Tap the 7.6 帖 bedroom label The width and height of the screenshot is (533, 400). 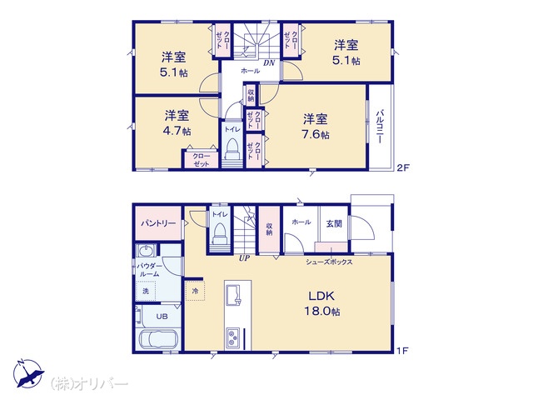click(x=316, y=127)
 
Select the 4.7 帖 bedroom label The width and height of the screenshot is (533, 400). click(x=177, y=122)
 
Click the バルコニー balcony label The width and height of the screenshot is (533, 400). click(x=380, y=126)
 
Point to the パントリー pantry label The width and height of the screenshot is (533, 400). click(x=158, y=223)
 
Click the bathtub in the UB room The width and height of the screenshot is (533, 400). click(x=157, y=339)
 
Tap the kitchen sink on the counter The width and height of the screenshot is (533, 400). click(x=233, y=295)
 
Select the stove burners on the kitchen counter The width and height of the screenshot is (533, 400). click(x=233, y=337)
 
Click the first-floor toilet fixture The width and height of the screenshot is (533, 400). click(x=220, y=233)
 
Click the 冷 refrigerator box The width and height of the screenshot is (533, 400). click(x=195, y=291)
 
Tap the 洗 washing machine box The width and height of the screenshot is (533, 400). click(x=146, y=291)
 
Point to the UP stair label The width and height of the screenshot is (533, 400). click(x=244, y=258)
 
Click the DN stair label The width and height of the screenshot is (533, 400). click(x=269, y=63)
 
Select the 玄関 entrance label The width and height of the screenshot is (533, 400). click(x=334, y=223)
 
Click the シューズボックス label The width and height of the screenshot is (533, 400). click(x=329, y=262)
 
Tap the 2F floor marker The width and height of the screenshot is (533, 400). click(x=403, y=167)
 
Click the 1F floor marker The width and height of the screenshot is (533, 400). click(x=402, y=350)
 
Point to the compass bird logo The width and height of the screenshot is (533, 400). click(x=28, y=373)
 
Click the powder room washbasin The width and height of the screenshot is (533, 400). click(x=147, y=251)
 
